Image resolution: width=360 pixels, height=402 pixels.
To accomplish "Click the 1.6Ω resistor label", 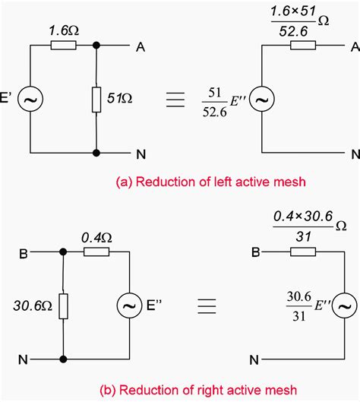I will coord(63,30).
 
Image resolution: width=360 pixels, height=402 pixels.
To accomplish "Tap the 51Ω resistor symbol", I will coord(96,98).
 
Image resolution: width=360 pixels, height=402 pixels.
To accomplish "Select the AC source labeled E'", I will coord(32,98).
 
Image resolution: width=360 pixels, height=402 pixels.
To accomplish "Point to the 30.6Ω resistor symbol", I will coord(64,307).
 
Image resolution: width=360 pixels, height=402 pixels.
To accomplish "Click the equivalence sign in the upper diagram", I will coord(175,98).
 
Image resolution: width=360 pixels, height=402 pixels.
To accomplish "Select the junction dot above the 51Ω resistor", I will coord(96,46).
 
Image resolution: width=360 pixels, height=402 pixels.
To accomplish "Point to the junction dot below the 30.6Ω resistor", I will coord(64,358).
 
